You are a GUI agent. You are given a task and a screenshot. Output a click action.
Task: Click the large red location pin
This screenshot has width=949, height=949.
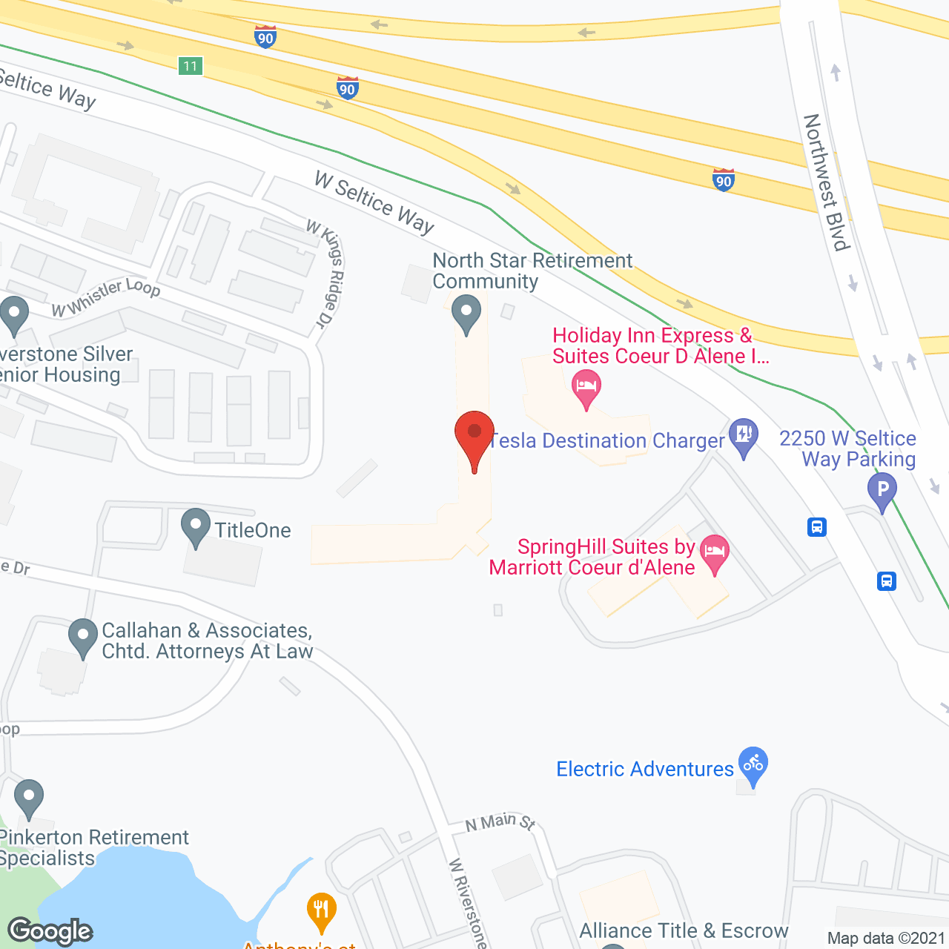(474, 437)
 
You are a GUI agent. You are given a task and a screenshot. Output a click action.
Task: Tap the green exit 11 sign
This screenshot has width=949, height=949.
(191, 66)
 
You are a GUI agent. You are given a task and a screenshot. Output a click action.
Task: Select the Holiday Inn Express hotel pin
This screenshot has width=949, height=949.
(586, 388)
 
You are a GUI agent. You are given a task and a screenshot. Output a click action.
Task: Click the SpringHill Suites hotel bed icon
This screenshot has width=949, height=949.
(715, 552)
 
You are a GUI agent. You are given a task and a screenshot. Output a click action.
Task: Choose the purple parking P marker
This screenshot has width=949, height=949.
(882, 491)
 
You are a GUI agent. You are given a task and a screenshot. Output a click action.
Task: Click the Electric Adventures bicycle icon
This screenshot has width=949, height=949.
(753, 764)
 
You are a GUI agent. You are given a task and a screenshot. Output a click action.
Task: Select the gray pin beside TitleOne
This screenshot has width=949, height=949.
(196, 526)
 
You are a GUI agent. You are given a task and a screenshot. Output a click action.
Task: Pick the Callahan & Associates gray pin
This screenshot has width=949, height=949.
(83, 636)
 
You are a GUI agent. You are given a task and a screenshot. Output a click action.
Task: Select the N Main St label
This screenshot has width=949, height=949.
(500, 822)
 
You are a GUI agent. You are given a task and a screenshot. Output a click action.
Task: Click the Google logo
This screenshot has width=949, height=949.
(50, 931)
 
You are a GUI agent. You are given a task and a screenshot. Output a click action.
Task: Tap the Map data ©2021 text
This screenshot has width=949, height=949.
(887, 938)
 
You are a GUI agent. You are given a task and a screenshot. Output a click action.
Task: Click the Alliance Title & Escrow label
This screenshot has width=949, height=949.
(684, 930)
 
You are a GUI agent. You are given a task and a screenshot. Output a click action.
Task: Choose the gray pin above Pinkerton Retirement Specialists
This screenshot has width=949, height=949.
(29, 798)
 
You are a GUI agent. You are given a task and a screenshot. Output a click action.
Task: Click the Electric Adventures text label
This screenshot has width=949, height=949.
(645, 769)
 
